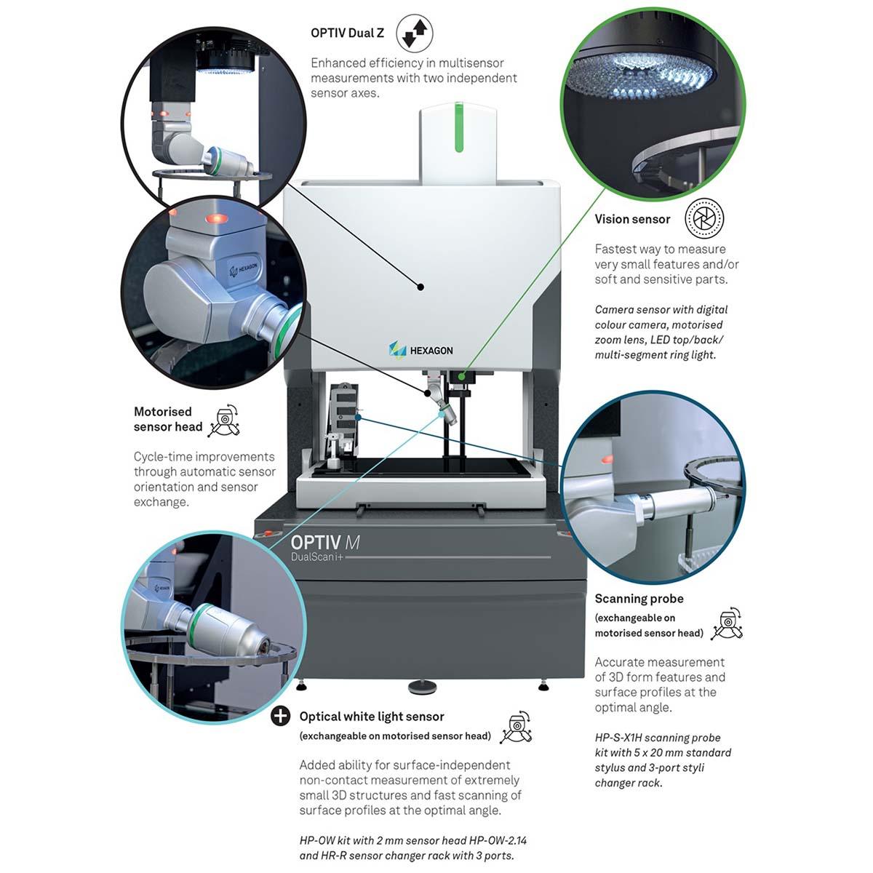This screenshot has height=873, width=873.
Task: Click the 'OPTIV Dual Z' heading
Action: coord(347,33)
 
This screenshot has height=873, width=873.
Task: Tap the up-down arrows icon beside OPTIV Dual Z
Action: coord(415,33)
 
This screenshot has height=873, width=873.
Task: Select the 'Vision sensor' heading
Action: coord(632,219)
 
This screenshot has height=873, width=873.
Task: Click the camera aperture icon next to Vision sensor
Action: coord(704,218)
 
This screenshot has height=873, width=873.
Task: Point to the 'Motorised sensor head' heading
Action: coord(167,419)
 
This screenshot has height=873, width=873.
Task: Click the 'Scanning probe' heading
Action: coord(639,599)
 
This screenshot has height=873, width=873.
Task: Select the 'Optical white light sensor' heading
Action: coord(372,717)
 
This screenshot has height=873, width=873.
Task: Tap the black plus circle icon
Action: coord(280,717)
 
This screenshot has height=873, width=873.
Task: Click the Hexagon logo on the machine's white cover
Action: coord(420,350)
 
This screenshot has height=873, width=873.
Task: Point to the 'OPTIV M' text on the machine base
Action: coord(324,542)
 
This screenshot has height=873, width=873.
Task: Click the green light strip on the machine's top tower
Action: coord(459,127)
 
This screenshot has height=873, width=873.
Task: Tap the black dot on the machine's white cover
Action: coord(420,287)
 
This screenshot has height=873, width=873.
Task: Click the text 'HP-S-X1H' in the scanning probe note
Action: coord(618,738)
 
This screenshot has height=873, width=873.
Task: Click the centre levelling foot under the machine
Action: coord(420,686)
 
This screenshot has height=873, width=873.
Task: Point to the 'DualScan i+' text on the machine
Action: coord(317,558)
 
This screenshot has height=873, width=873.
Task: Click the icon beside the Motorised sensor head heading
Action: coord(224,421)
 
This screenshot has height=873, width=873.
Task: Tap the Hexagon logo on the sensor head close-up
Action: coord(244,269)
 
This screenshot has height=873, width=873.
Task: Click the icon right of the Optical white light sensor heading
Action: coord(516,726)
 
